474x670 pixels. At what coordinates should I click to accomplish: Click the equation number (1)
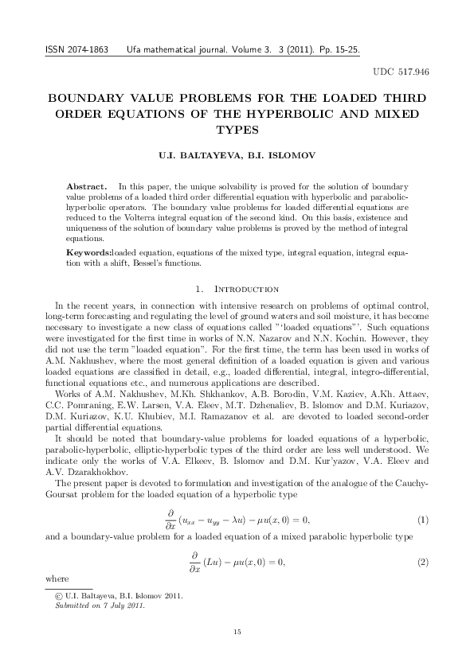click(423, 520)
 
